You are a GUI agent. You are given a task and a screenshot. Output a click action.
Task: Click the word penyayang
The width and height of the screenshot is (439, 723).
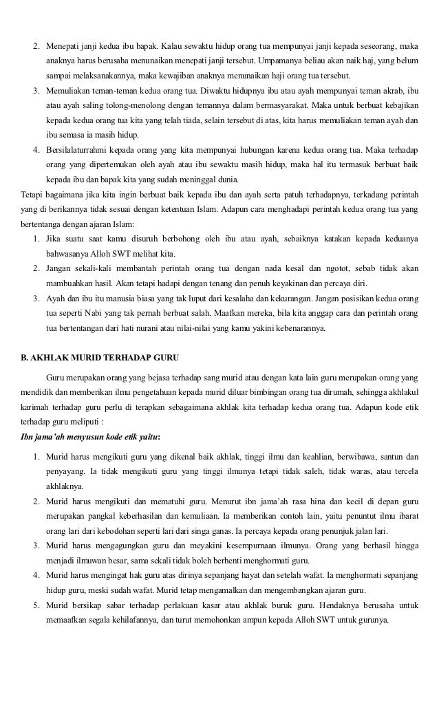point(65,471)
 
